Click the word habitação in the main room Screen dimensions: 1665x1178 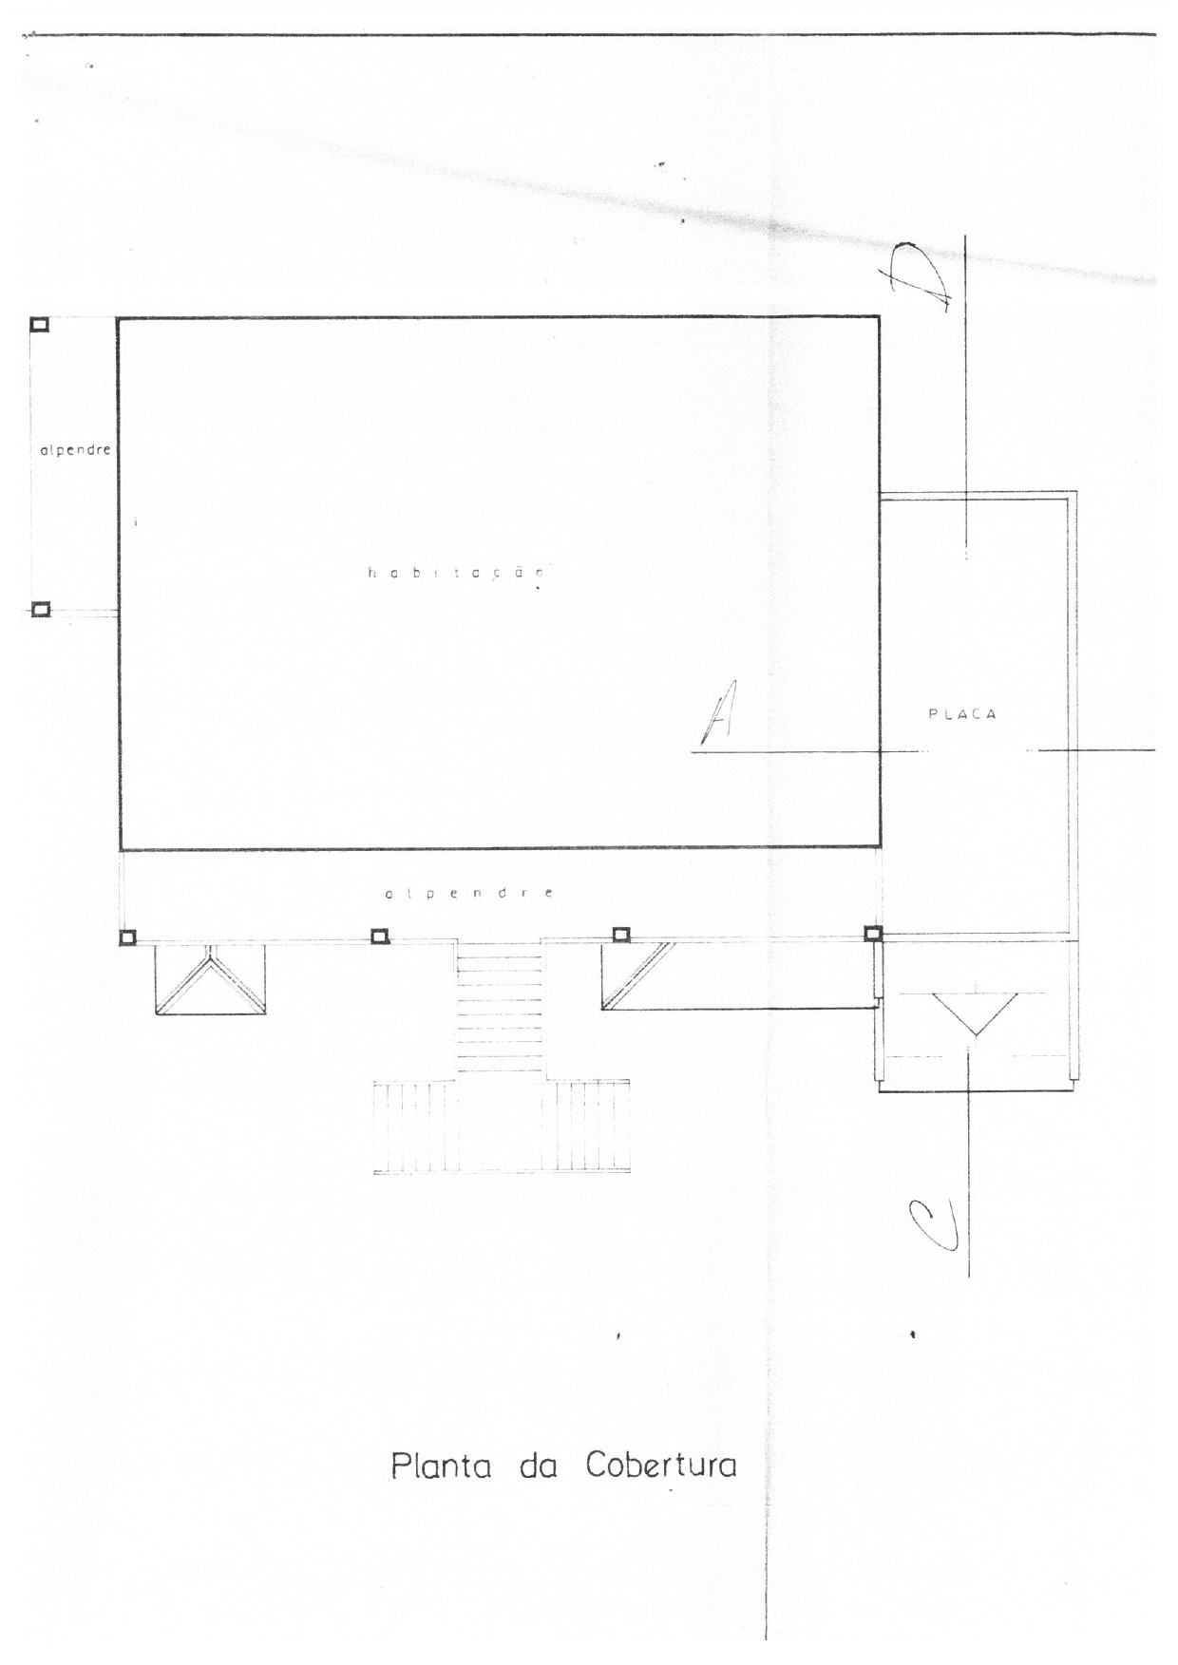pos(456,573)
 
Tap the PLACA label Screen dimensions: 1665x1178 pos(962,714)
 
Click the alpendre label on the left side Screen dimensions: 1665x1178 pos(75,450)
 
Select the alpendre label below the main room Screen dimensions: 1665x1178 pos(469,894)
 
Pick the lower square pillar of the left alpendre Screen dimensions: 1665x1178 pos(40,610)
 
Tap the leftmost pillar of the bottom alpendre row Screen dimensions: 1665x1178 pos(127,938)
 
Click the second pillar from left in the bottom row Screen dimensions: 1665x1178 pos(379,937)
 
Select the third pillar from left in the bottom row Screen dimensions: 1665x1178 pos(620,935)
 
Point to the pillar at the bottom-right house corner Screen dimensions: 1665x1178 pos(873,934)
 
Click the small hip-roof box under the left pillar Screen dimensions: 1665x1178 pos(211,980)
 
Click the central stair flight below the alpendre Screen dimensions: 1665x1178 pos(500,1009)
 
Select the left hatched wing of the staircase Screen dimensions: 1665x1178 pos(415,1126)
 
